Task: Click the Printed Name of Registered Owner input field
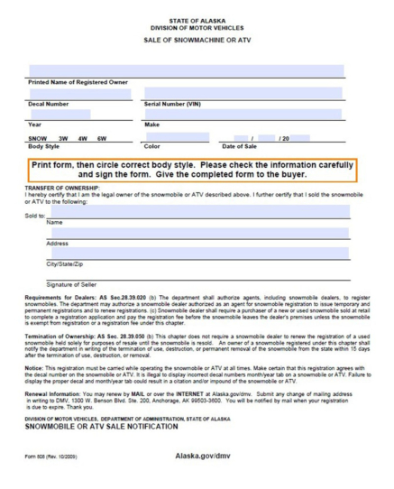(x=186, y=70)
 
